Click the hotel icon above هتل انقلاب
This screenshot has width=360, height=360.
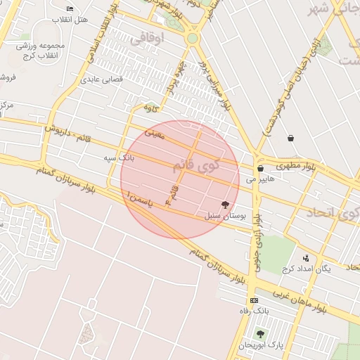point(70,8)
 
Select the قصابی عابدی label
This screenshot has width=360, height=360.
point(103,79)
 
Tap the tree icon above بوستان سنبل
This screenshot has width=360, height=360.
point(225,205)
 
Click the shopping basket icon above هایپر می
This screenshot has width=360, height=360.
point(260,169)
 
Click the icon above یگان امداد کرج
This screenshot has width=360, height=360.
point(306,258)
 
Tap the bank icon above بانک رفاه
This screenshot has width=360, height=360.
point(253,300)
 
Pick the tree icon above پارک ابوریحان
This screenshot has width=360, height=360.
point(260,334)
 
